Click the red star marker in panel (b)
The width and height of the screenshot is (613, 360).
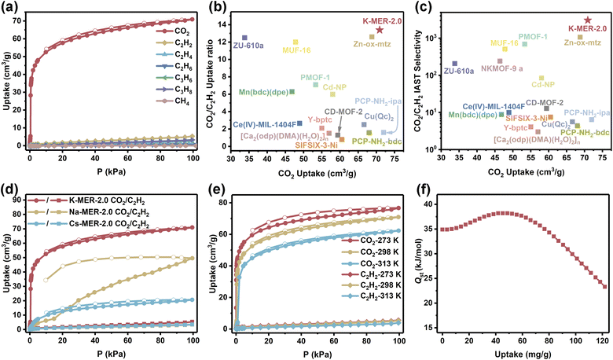[x=380, y=29]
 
